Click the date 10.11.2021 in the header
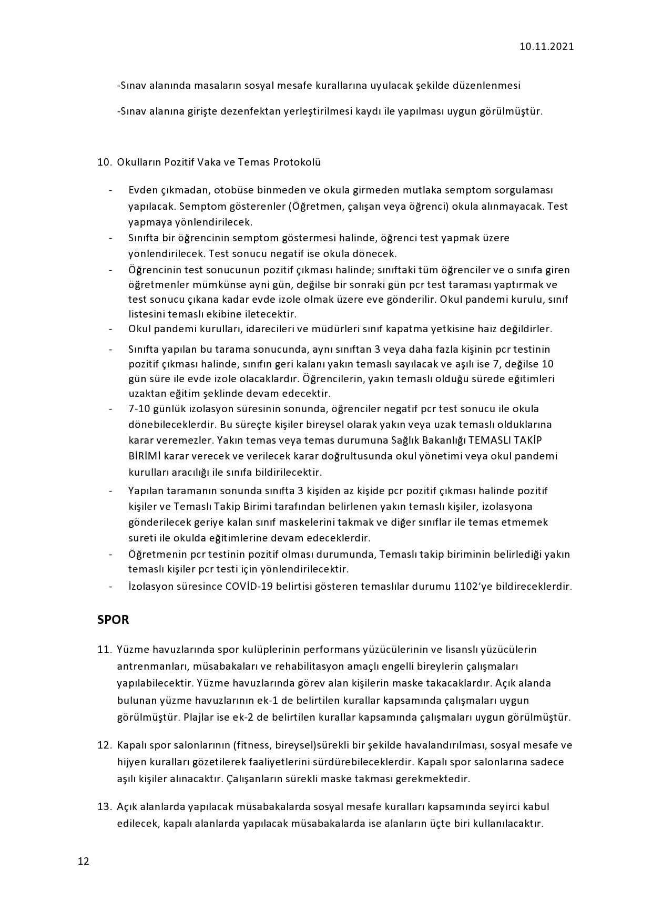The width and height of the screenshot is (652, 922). click(546, 47)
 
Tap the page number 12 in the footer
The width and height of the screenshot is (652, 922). click(84, 861)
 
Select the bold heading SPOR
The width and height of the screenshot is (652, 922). click(113, 620)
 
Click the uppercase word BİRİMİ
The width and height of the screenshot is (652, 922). click(145, 456)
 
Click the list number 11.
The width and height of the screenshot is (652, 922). click(104, 650)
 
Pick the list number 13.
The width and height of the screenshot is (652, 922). click(104, 806)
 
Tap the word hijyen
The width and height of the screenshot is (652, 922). click(131, 762)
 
